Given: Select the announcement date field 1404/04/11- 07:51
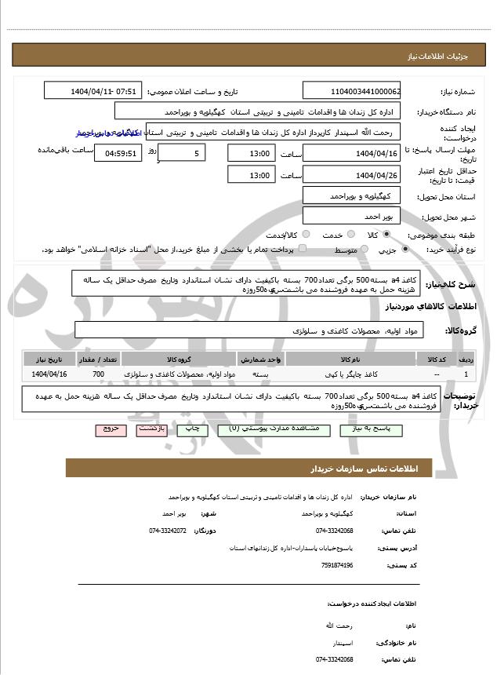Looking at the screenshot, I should [x=93, y=91].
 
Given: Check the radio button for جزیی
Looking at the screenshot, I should [x=404, y=250].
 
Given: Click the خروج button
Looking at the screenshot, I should [x=107, y=429].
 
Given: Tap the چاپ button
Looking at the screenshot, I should [x=189, y=429].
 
